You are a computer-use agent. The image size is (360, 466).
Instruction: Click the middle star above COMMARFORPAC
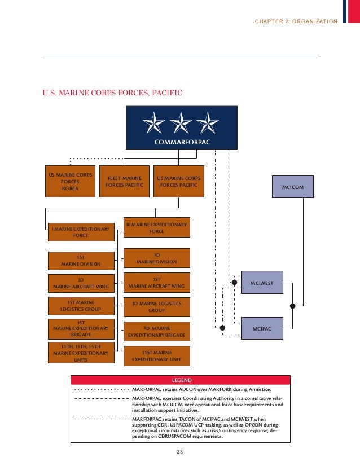pyautogui.click(x=182, y=123)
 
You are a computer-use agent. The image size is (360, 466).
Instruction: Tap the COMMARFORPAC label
pyautogui.click(x=182, y=142)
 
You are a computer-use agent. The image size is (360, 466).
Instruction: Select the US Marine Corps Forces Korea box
pyautogui.click(x=70, y=181)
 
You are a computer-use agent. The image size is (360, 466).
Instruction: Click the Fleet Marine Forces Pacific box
pyautogui.click(x=124, y=181)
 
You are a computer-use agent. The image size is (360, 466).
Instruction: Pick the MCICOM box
pyautogui.click(x=292, y=186)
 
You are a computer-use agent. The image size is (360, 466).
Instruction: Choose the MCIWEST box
pyautogui.click(x=262, y=282)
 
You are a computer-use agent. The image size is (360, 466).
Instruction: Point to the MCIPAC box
pyautogui.click(x=262, y=328)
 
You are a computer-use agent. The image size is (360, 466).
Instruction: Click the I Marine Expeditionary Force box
pyautogui.click(x=81, y=232)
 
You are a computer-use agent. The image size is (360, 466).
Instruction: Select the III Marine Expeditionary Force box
pyautogui.click(x=156, y=228)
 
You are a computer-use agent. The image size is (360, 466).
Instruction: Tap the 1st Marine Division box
pyautogui.click(x=81, y=260)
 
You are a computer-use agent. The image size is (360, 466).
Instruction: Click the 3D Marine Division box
pyautogui.click(x=156, y=258)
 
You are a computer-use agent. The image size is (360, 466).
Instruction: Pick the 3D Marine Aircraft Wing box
pyautogui.click(x=81, y=283)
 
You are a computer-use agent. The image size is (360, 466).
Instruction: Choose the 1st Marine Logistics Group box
pyautogui.click(x=81, y=305)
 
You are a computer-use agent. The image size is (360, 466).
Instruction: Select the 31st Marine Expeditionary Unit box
pyautogui.click(x=156, y=355)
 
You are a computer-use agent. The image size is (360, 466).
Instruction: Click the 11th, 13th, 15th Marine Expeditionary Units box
pyautogui.click(x=81, y=353)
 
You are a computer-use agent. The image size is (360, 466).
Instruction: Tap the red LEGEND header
pyautogui.click(x=181, y=380)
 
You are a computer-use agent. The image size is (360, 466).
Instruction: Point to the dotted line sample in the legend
pyautogui.click(x=100, y=389)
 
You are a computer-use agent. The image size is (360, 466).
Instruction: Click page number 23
pyautogui.click(x=180, y=451)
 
